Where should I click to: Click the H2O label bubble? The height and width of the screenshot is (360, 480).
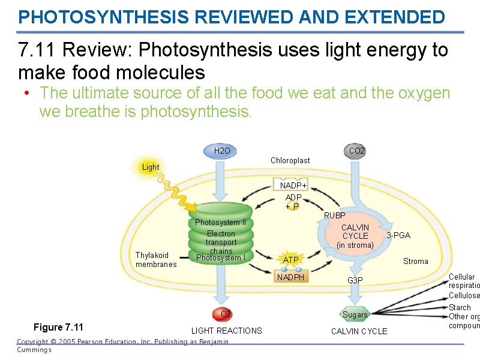[x=222, y=151]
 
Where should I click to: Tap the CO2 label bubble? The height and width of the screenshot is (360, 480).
[x=357, y=151]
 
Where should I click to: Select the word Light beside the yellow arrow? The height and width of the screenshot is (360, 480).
[x=151, y=167]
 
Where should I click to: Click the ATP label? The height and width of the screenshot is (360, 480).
[x=291, y=260]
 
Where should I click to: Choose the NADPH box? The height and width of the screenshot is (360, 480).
[x=291, y=277]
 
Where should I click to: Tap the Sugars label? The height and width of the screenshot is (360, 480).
[x=355, y=314]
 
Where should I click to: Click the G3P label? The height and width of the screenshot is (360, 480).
[x=355, y=280]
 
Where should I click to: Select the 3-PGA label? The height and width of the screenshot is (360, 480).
[x=398, y=235]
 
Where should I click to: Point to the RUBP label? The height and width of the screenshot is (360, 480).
[x=335, y=215]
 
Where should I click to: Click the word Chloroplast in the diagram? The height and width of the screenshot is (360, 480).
[x=290, y=160]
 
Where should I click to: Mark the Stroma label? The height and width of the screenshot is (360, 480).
[x=416, y=261]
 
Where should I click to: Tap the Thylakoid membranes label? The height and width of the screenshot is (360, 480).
[x=156, y=260]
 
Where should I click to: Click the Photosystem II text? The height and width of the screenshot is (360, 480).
[x=221, y=223]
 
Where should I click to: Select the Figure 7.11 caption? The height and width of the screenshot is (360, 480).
[x=58, y=327]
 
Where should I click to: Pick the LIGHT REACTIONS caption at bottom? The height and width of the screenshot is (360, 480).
[x=226, y=331]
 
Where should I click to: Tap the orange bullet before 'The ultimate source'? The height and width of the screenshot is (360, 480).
[x=28, y=94]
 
